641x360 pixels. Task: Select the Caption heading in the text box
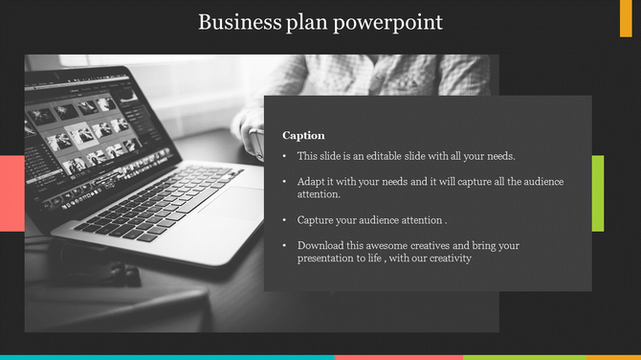303,135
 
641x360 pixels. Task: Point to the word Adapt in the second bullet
310,181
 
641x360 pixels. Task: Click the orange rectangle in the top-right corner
626,18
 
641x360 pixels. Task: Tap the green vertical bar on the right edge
597,192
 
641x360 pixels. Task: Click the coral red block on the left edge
11,192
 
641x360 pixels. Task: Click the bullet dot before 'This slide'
284,156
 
